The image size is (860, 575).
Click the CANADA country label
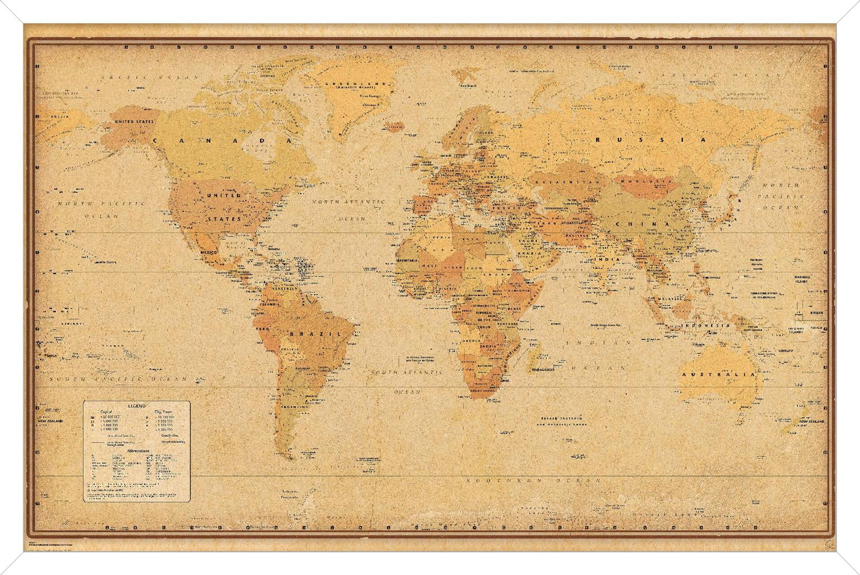pos(222,140)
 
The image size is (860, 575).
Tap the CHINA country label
pos(642,224)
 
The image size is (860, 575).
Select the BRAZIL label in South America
pos(315,334)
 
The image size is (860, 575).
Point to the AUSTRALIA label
pos(718,375)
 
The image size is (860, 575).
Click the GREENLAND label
pos(356,84)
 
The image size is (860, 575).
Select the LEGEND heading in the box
pos(136,406)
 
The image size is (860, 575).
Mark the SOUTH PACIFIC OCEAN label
pos(117,379)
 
